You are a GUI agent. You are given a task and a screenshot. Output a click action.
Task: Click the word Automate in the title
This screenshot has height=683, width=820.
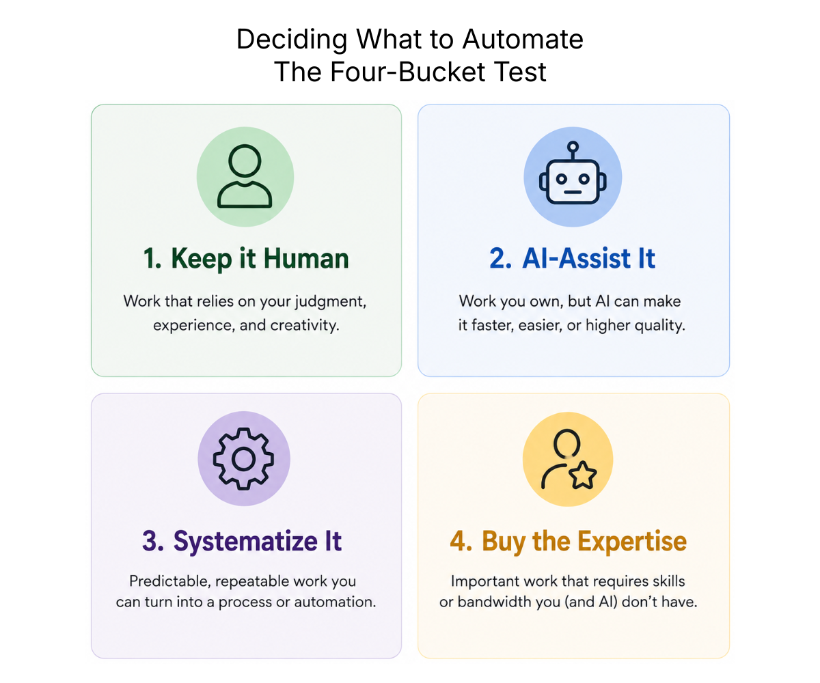coord(523,39)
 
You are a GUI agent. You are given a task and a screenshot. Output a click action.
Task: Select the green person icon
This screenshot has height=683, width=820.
coord(245,176)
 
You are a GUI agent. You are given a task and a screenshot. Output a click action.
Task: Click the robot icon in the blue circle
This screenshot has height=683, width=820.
coord(573,173)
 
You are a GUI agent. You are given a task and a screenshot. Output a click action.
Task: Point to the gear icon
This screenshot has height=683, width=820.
coord(243,458)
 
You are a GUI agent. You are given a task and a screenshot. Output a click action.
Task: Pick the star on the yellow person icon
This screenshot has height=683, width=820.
coord(583,475)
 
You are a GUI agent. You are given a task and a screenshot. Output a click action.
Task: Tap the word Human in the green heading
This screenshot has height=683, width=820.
coord(306,259)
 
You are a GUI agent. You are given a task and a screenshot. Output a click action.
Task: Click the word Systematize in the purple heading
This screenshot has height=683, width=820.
coord(245,542)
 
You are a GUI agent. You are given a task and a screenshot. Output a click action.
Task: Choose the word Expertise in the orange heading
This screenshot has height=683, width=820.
coord(632,542)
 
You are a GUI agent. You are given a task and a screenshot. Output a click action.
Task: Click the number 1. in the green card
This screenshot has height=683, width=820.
coord(152,259)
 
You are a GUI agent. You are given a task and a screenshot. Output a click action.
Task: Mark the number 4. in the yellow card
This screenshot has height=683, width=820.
coord(461,542)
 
